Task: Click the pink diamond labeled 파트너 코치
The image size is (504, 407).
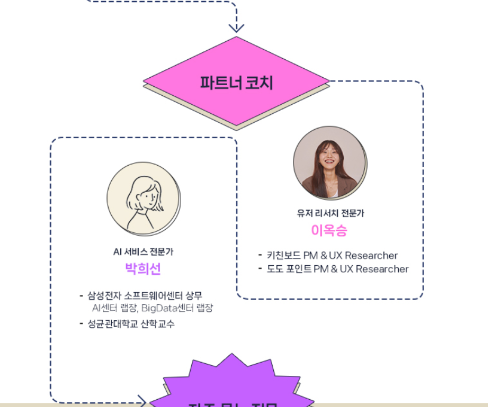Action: [x=236, y=81]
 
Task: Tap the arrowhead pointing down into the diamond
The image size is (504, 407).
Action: [x=236, y=27]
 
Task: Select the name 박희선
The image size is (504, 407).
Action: [x=143, y=269]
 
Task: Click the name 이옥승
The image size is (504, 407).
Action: [x=329, y=230]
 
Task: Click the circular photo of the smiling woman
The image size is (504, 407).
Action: [x=329, y=162]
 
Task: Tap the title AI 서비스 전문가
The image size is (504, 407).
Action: [x=143, y=252]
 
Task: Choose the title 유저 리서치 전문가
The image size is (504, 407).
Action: [x=330, y=213]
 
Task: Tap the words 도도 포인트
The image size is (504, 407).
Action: [x=289, y=269]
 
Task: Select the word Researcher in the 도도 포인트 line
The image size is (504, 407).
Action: [x=381, y=269]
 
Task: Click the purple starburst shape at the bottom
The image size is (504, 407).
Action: [x=231, y=383]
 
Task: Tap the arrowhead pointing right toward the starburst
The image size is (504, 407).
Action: [x=142, y=400]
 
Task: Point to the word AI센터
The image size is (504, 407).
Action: [x=106, y=308]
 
